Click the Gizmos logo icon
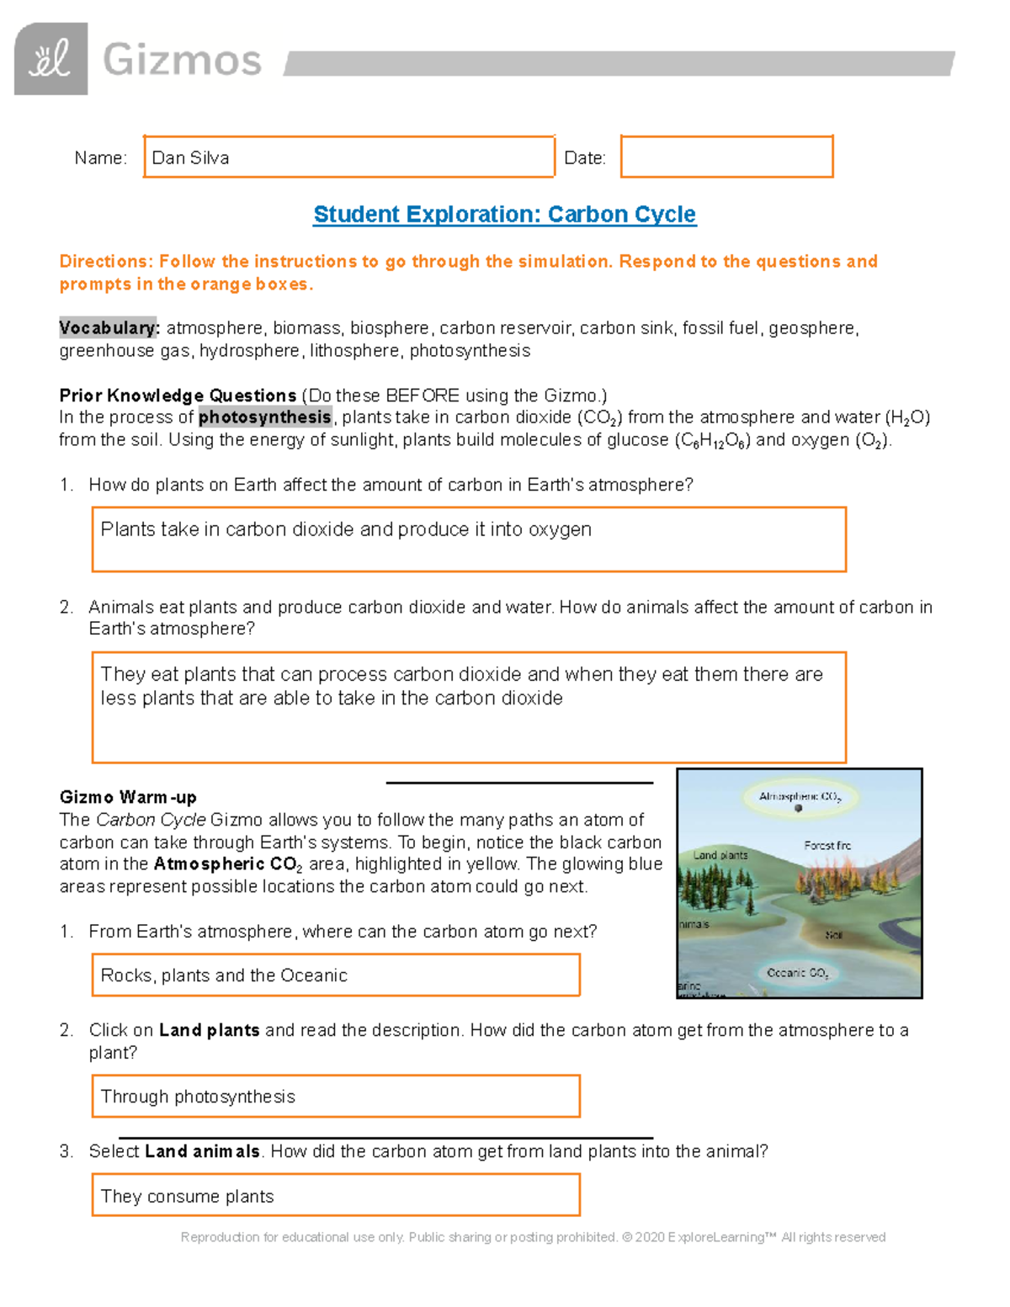click(50, 59)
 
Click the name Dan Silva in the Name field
click(190, 158)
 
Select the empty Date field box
click(726, 157)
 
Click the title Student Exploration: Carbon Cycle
click(504, 215)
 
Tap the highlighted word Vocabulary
click(109, 328)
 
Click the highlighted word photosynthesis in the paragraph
click(265, 417)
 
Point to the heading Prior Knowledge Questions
click(178, 396)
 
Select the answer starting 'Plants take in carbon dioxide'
click(346, 529)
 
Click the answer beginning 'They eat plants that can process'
click(461, 686)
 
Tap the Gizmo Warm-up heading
click(128, 797)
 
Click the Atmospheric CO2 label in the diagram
click(799, 796)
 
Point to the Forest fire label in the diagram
click(827, 845)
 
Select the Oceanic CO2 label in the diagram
click(797, 973)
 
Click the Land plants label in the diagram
click(720, 855)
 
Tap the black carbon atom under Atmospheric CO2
click(799, 809)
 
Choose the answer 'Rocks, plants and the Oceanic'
click(224, 975)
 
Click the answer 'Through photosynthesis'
click(198, 1097)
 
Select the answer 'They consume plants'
click(187, 1197)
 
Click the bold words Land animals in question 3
click(202, 1151)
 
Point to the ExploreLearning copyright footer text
click(533, 1237)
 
